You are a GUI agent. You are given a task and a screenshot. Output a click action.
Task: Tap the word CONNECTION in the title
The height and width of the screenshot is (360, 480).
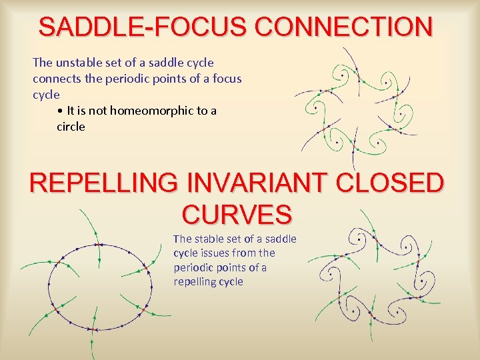pos(344,27)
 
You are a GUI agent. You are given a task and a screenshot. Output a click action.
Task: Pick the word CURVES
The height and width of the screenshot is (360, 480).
pos(237,215)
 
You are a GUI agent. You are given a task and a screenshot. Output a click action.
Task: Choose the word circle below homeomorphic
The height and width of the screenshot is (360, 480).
pos(71,127)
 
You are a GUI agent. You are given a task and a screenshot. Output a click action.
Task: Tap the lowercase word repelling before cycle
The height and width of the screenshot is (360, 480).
pos(195,282)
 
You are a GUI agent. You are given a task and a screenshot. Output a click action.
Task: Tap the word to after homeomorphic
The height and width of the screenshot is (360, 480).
pos(202,111)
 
